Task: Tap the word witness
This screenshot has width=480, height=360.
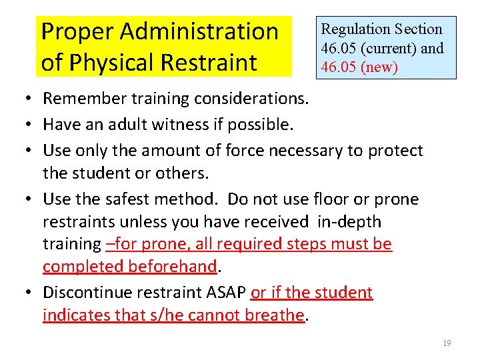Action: [193, 124]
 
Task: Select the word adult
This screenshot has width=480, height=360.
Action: [141, 124]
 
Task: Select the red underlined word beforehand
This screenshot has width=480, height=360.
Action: [175, 267]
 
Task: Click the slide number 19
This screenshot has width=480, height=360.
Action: [447, 343]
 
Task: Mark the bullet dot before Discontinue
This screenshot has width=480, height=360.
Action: [32, 293]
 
